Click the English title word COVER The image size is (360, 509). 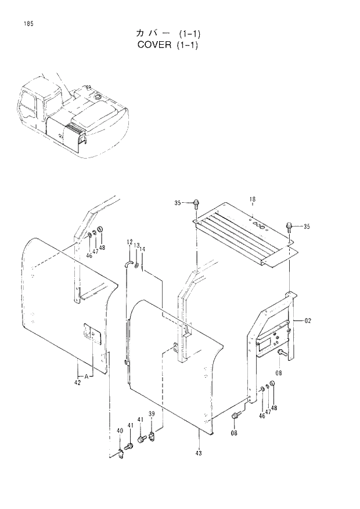153,45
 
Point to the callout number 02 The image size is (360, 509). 307,320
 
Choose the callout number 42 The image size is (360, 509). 77,382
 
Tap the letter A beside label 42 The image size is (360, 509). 86,377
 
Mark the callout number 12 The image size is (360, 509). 129,242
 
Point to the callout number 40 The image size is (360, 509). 120,431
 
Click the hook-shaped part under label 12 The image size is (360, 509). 128,264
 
